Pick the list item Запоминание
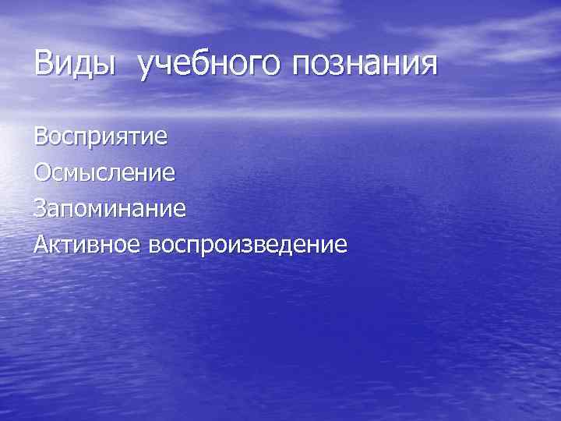coord(109,208)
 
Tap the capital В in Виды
coord(44,63)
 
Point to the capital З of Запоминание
coord(41,208)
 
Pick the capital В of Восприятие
coord(41,139)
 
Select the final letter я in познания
coord(428,65)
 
